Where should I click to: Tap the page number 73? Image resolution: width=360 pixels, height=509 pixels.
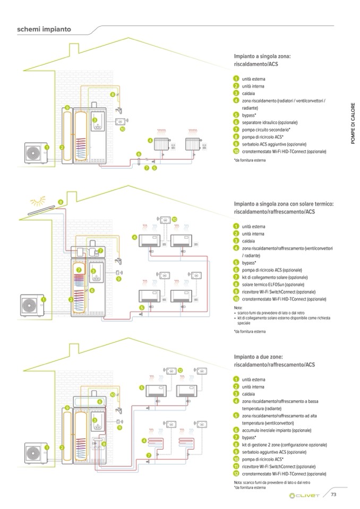point(334,495)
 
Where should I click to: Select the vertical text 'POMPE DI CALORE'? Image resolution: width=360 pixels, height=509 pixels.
point(352,125)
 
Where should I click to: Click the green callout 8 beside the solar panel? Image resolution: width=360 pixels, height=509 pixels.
point(61,202)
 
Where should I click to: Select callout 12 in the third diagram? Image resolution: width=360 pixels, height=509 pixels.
point(180,369)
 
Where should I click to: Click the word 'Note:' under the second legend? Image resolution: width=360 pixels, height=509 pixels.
point(237,307)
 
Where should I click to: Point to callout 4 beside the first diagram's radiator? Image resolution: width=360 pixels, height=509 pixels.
point(150,141)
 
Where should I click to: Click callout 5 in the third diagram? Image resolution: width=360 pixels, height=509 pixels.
point(142,388)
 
